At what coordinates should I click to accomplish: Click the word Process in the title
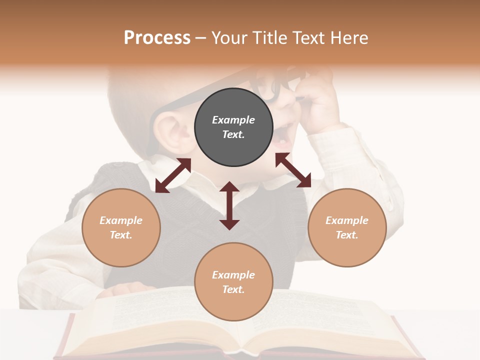coord(157,38)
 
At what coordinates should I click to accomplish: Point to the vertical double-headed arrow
coord(229,205)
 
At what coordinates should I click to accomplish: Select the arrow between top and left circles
coord(173,175)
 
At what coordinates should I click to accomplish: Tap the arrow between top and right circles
coord(293,170)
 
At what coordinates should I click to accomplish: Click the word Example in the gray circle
coord(233,120)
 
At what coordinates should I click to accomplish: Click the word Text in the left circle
coord(121,235)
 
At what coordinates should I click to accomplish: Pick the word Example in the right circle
coord(347,220)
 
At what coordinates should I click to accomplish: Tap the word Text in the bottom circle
coord(233,289)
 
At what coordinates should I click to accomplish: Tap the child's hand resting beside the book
coord(127,289)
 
